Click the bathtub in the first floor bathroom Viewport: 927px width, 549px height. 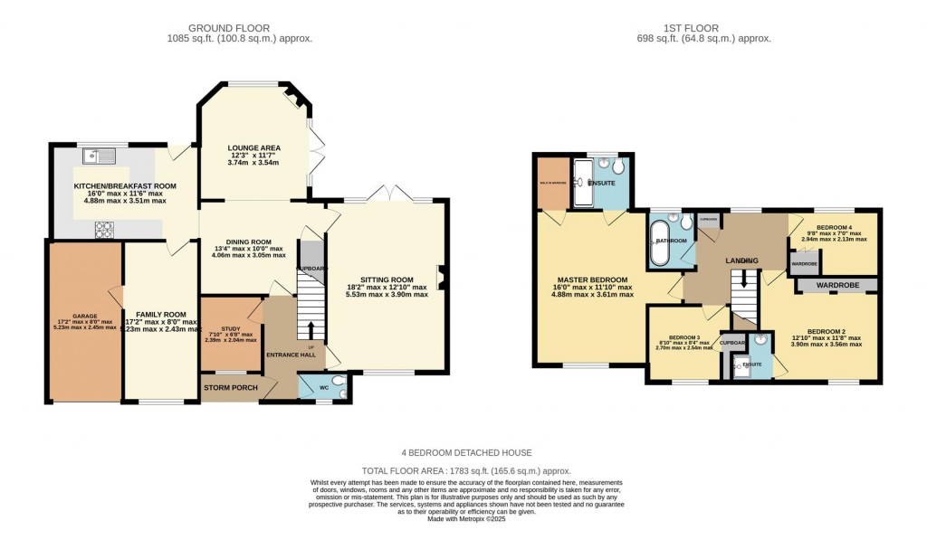tap(660, 240)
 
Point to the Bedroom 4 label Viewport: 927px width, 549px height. tap(834, 228)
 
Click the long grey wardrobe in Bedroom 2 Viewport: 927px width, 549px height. tap(836, 285)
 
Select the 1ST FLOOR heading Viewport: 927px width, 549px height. tap(703, 28)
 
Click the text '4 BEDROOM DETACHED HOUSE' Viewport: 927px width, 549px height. tap(466, 452)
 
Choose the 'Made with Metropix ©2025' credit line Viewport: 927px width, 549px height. tap(466, 518)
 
